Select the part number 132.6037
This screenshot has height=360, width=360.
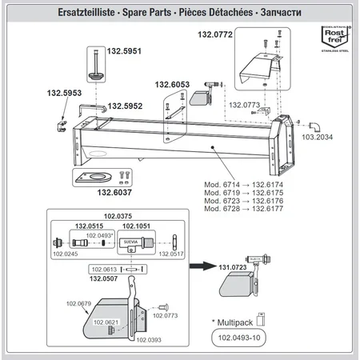click(x=99, y=192)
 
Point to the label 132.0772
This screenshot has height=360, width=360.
click(x=215, y=35)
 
